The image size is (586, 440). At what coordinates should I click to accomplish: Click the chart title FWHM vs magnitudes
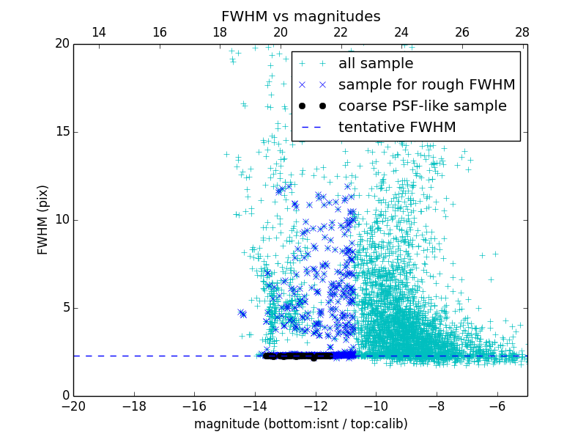[x=300, y=16]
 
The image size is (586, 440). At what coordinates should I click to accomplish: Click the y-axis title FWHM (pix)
[x=43, y=220]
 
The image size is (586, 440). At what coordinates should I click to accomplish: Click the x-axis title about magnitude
[x=300, y=424]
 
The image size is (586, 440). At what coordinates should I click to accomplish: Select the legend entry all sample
[x=375, y=64]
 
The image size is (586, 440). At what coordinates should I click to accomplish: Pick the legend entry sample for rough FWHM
[x=426, y=85]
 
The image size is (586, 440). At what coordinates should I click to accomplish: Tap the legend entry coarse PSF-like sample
[x=422, y=106]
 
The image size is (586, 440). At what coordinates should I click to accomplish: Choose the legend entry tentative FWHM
[x=396, y=128]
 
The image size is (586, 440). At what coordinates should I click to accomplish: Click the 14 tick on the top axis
[x=98, y=32]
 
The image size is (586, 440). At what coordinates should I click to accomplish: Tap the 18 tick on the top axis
[x=220, y=32]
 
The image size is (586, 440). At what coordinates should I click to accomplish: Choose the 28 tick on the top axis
[x=522, y=32]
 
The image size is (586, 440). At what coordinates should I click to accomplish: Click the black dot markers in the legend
[x=312, y=106]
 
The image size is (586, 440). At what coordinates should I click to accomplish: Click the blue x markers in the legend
[x=312, y=85]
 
